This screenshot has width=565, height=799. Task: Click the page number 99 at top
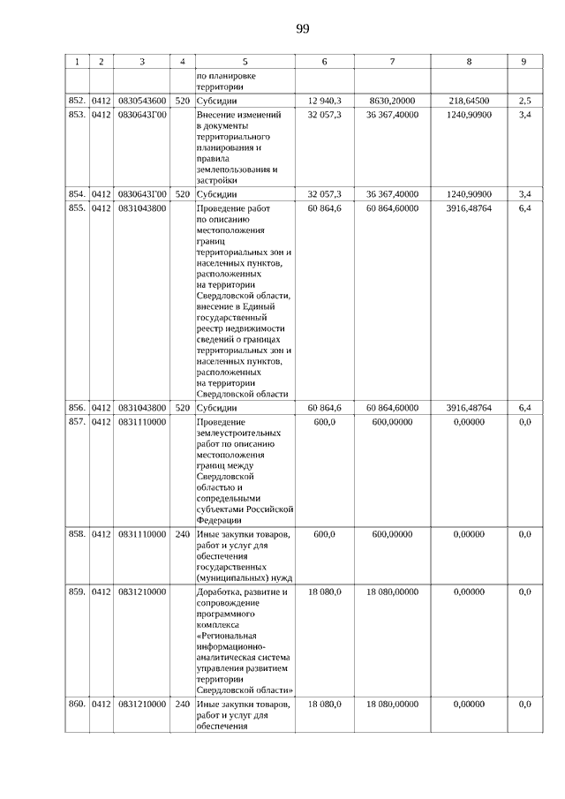(x=303, y=29)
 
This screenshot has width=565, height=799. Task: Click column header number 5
(x=245, y=62)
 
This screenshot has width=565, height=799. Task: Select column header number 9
(x=524, y=62)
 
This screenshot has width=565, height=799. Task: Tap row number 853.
(x=77, y=116)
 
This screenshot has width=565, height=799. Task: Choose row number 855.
(x=77, y=207)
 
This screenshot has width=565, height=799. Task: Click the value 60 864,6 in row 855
(x=324, y=207)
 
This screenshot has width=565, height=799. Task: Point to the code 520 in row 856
(x=182, y=409)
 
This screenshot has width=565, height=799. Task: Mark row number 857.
(x=77, y=422)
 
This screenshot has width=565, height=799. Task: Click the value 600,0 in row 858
(x=324, y=534)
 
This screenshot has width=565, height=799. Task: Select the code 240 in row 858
(x=182, y=534)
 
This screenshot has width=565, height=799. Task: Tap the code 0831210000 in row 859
(x=141, y=592)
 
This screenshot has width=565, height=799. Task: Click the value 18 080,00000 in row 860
(x=393, y=704)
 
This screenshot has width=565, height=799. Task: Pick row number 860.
(x=77, y=704)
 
